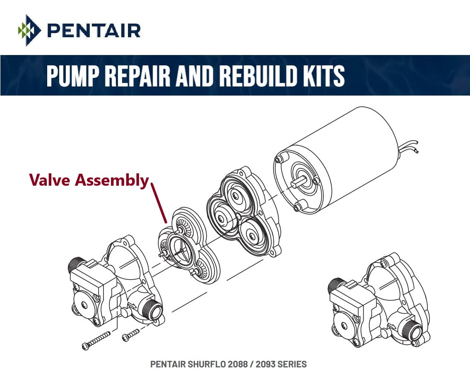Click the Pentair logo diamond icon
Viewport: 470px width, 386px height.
click(29, 30)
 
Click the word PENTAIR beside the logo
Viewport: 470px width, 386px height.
click(94, 31)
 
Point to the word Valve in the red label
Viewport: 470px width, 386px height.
click(50, 180)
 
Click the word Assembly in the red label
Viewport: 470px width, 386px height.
click(112, 180)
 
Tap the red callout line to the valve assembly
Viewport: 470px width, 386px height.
click(159, 203)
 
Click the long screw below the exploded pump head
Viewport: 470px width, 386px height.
click(96, 341)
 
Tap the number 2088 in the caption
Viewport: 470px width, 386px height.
click(238, 364)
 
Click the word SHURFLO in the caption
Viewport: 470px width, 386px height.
click(207, 364)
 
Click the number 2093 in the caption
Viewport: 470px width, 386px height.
click(265, 364)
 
